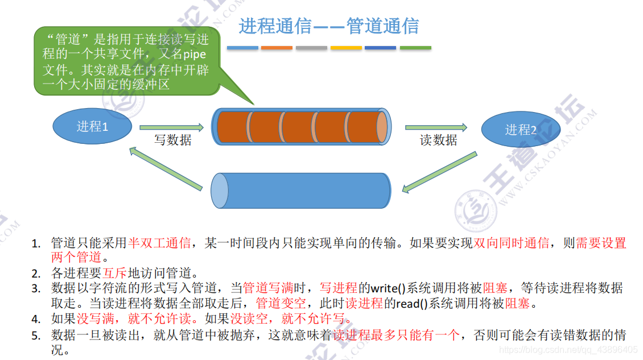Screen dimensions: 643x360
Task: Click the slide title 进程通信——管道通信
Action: tap(328, 26)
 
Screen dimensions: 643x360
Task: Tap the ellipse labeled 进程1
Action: tap(92, 126)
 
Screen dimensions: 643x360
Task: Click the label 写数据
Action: tap(172, 140)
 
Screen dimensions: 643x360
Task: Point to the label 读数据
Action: tap(438, 140)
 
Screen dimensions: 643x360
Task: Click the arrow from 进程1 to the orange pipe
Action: tap(171, 127)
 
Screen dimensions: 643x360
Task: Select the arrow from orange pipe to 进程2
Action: tap(436, 127)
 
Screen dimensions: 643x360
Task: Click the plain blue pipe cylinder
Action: tap(301, 191)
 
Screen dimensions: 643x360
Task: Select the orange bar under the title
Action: tap(277, 48)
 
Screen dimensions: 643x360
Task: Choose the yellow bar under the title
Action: tap(346, 48)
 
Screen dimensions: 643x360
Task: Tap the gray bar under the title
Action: tap(311, 48)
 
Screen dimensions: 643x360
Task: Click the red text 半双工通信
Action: tap(159, 243)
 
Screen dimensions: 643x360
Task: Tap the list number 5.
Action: tap(36, 336)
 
